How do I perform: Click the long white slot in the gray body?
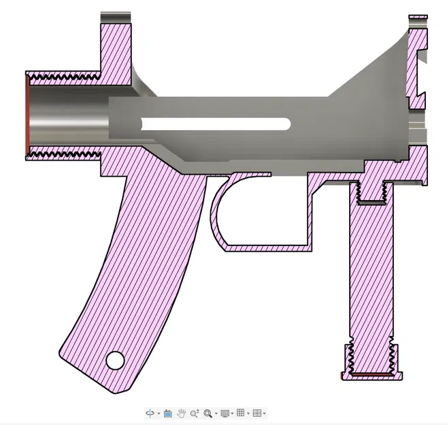coord(216,124)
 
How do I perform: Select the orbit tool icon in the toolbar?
coord(150,413)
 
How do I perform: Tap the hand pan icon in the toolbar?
coord(181,413)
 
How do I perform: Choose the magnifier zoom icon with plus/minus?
coord(195,413)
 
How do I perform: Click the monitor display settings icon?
coord(225,413)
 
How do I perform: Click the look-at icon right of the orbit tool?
coord(167,413)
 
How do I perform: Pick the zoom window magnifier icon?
coord(208,413)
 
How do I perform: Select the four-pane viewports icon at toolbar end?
coord(256,413)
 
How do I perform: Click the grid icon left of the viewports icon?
coord(241,413)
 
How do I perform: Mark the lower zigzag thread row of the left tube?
coord(65,155)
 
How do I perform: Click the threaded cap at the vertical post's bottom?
coord(371,360)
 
